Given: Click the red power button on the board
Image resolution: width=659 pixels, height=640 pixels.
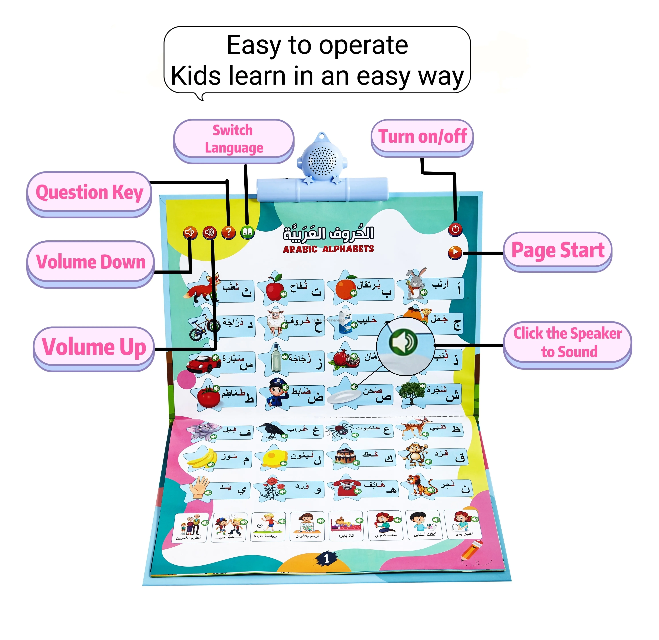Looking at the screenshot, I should pyautogui.click(x=455, y=229).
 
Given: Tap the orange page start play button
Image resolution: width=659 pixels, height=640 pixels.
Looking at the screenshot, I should pyautogui.click(x=455, y=252).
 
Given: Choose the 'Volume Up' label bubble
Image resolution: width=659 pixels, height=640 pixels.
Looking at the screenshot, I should pyautogui.click(x=94, y=347).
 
